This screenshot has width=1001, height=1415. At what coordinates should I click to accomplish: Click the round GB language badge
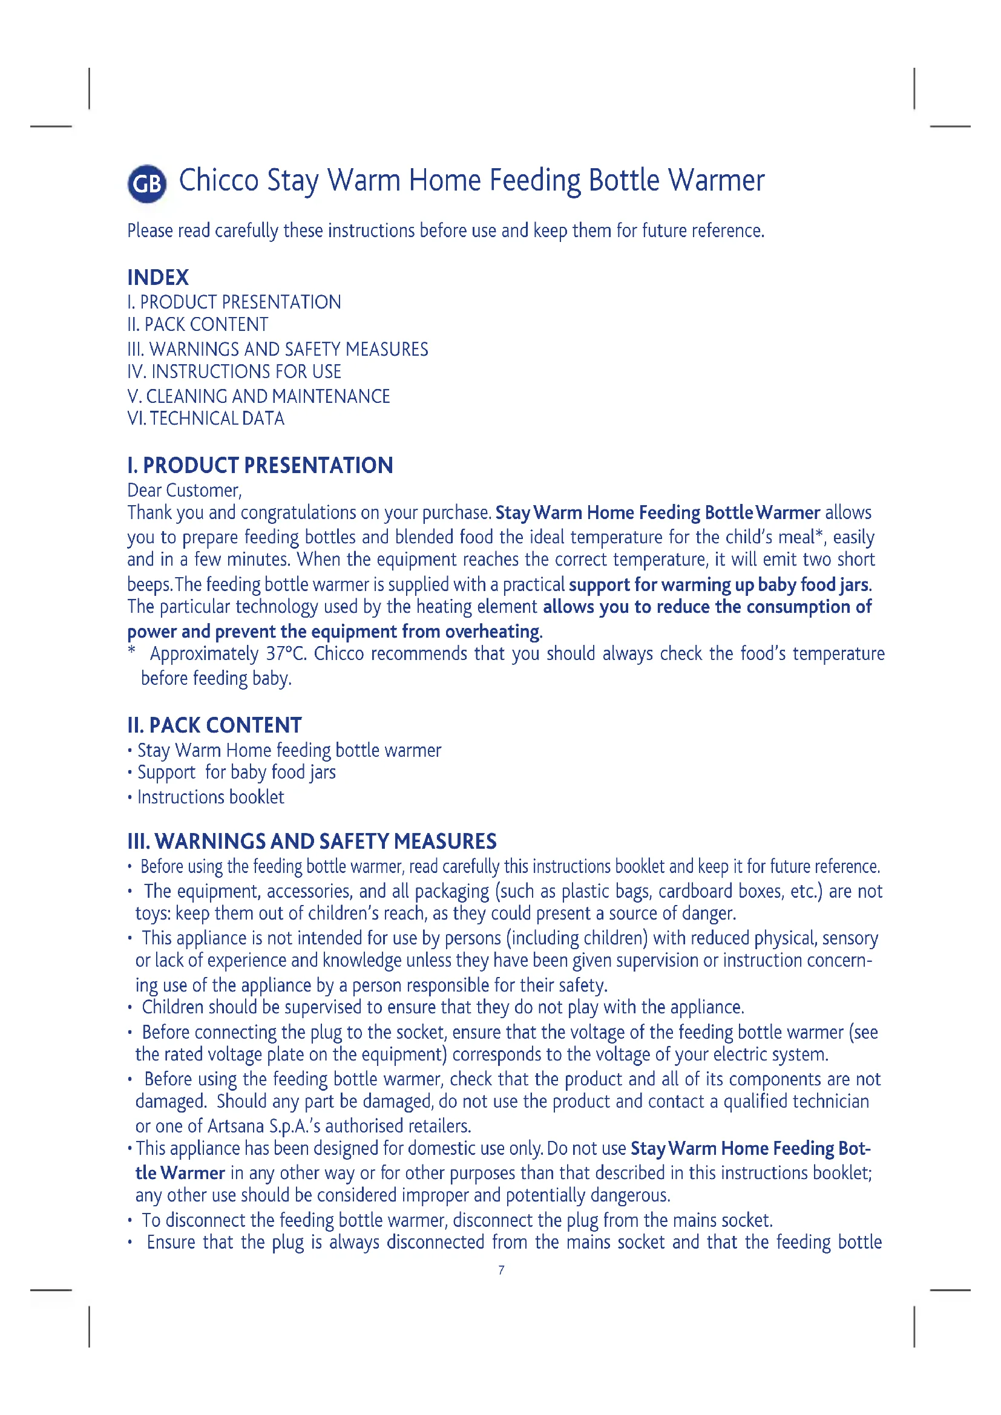click(x=146, y=184)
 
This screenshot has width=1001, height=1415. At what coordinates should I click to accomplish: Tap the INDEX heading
click(x=158, y=277)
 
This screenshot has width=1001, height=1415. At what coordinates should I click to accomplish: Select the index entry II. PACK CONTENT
click(x=197, y=324)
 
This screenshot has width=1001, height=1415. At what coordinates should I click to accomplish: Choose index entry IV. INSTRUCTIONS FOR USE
click(x=234, y=371)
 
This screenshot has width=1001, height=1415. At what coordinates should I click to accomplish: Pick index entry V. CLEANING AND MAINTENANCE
click(x=258, y=396)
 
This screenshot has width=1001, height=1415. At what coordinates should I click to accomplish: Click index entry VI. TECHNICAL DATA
click(x=205, y=419)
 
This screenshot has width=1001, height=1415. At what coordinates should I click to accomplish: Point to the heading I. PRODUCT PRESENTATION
click(x=260, y=465)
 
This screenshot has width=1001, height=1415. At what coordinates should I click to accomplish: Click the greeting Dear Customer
click(x=185, y=490)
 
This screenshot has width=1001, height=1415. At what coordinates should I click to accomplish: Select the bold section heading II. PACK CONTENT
click(x=214, y=725)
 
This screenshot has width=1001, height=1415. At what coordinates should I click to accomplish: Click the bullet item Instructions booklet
click(x=210, y=797)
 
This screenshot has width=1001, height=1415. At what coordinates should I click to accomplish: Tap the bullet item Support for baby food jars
click(x=236, y=772)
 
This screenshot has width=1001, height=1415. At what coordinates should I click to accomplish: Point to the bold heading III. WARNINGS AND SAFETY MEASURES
click(x=311, y=841)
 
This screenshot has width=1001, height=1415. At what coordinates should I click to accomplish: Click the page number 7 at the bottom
click(x=501, y=1270)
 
